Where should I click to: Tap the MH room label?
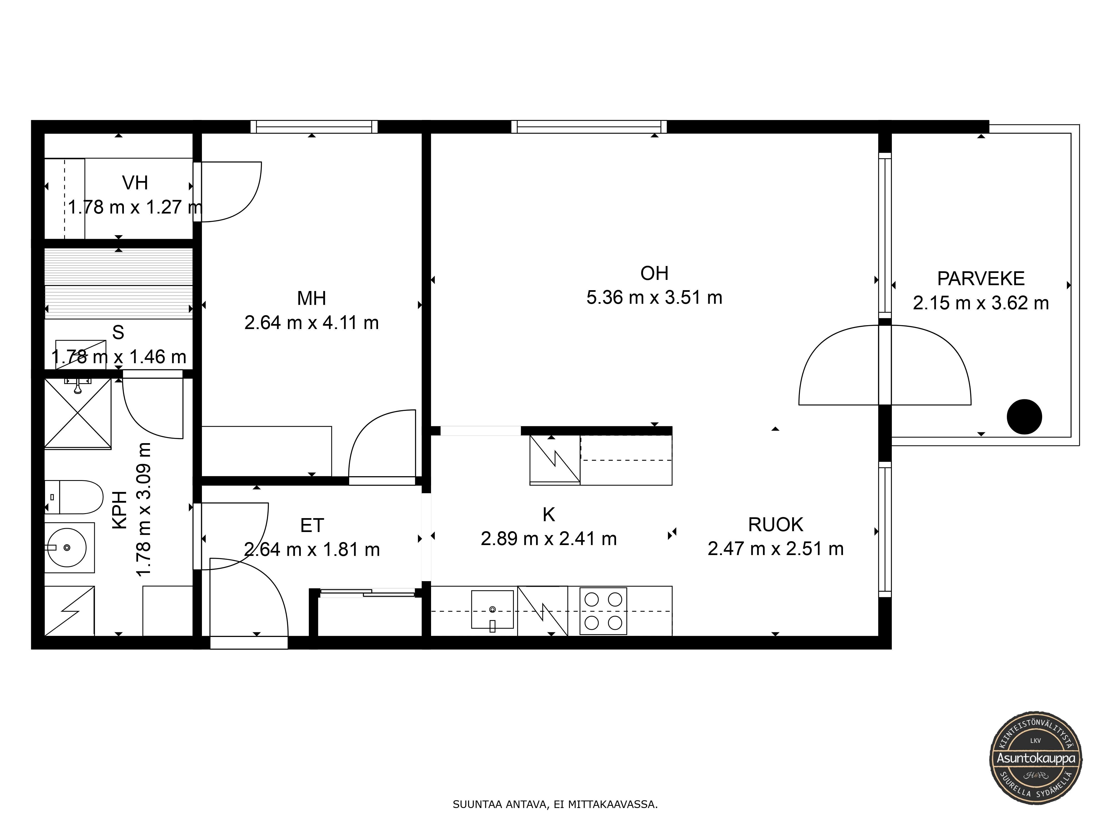(x=311, y=298)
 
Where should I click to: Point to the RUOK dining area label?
(x=775, y=525)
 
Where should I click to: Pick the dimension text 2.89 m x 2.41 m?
(x=549, y=539)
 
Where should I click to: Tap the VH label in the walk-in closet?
(x=135, y=183)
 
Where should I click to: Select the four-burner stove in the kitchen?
(x=603, y=611)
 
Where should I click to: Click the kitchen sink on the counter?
(x=492, y=609)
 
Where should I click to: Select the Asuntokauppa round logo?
(x=1036, y=759)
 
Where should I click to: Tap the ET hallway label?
(x=312, y=526)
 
